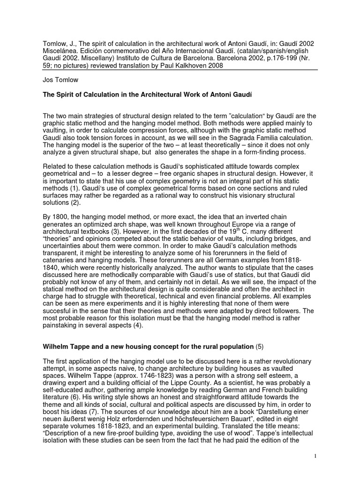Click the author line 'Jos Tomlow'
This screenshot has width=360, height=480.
click(60, 80)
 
